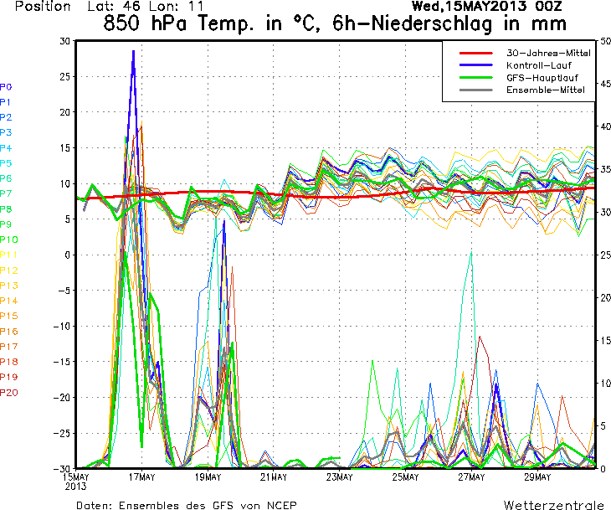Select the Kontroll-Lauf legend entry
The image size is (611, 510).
tap(538, 64)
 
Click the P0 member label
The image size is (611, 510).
tap(6, 86)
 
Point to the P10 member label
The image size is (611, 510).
tap(8, 240)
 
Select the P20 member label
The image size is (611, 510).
tap(8, 392)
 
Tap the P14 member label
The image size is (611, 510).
tap(8, 301)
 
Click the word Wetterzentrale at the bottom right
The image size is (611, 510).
tap(553, 505)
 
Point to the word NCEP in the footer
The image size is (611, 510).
tap(281, 505)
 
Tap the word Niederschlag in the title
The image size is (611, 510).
tap(430, 23)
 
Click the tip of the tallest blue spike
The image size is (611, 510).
tap(133, 51)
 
